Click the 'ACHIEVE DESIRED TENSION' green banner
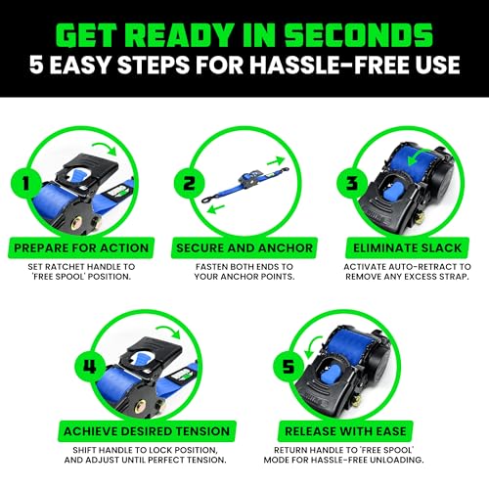(x=159, y=431)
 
